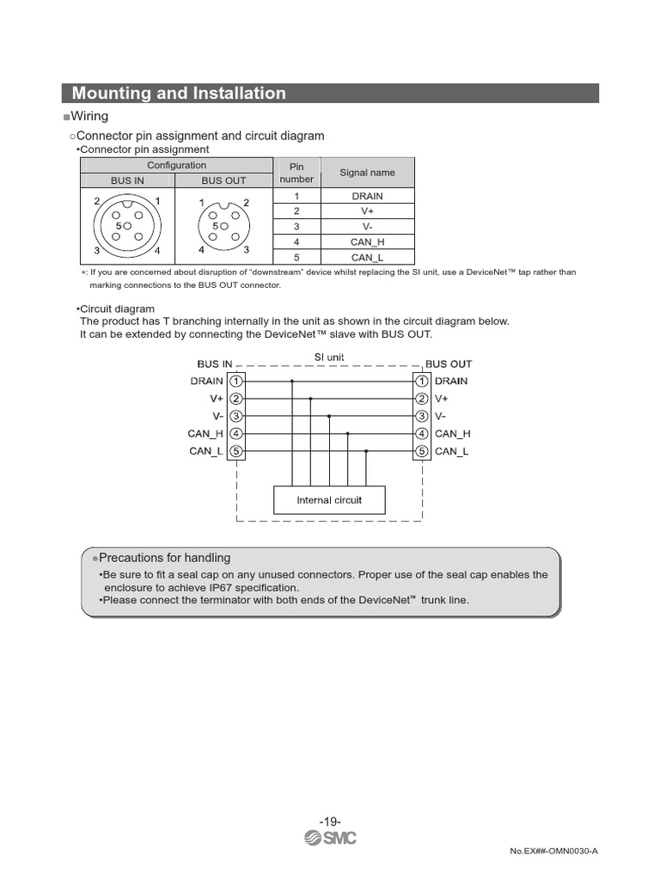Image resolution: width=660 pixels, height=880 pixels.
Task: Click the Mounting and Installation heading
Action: click(x=179, y=94)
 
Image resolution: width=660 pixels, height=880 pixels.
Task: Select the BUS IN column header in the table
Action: click(x=127, y=180)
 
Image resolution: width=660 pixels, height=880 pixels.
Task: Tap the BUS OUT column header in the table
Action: click(x=223, y=180)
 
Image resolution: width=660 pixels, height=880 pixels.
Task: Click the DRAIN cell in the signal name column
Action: click(x=367, y=196)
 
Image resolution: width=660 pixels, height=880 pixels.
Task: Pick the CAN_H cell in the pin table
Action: click(x=367, y=242)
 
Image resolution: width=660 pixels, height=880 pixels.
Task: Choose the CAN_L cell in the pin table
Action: click(x=367, y=257)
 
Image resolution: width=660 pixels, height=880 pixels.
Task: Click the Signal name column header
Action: click(x=367, y=173)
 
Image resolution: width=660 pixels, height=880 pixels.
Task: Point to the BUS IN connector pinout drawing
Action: click(x=128, y=226)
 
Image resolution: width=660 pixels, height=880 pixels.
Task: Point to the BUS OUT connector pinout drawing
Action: click(x=223, y=226)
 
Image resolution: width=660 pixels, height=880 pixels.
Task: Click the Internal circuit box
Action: click(x=329, y=500)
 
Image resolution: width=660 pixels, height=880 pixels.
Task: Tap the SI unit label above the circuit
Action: click(x=329, y=357)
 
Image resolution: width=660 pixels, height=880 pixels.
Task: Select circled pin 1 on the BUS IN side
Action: click(x=236, y=381)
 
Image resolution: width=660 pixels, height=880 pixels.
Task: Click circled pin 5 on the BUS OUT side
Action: click(x=422, y=451)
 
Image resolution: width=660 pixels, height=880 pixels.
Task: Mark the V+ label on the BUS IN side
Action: click(x=216, y=399)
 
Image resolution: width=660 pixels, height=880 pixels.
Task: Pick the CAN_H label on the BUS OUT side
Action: click(x=452, y=434)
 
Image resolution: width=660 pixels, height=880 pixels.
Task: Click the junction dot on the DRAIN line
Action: click(x=292, y=381)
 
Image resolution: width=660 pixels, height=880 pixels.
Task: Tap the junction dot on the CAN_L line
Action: click(x=366, y=451)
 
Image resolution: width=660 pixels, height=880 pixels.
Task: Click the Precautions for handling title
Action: click(x=164, y=558)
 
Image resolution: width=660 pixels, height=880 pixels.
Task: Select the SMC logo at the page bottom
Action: click(x=330, y=838)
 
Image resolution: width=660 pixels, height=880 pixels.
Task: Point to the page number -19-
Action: click(x=330, y=822)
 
